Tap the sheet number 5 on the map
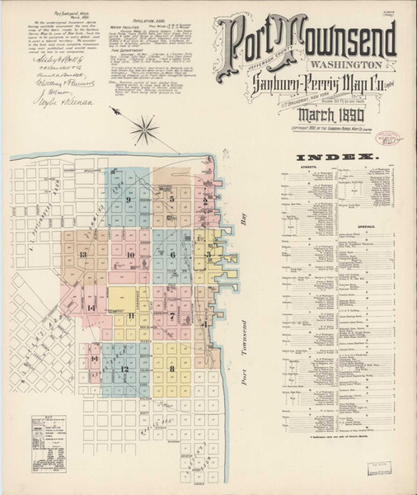(171, 199)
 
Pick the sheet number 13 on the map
(83, 255)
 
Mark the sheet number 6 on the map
(173, 256)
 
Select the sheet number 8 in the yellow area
(171, 368)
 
